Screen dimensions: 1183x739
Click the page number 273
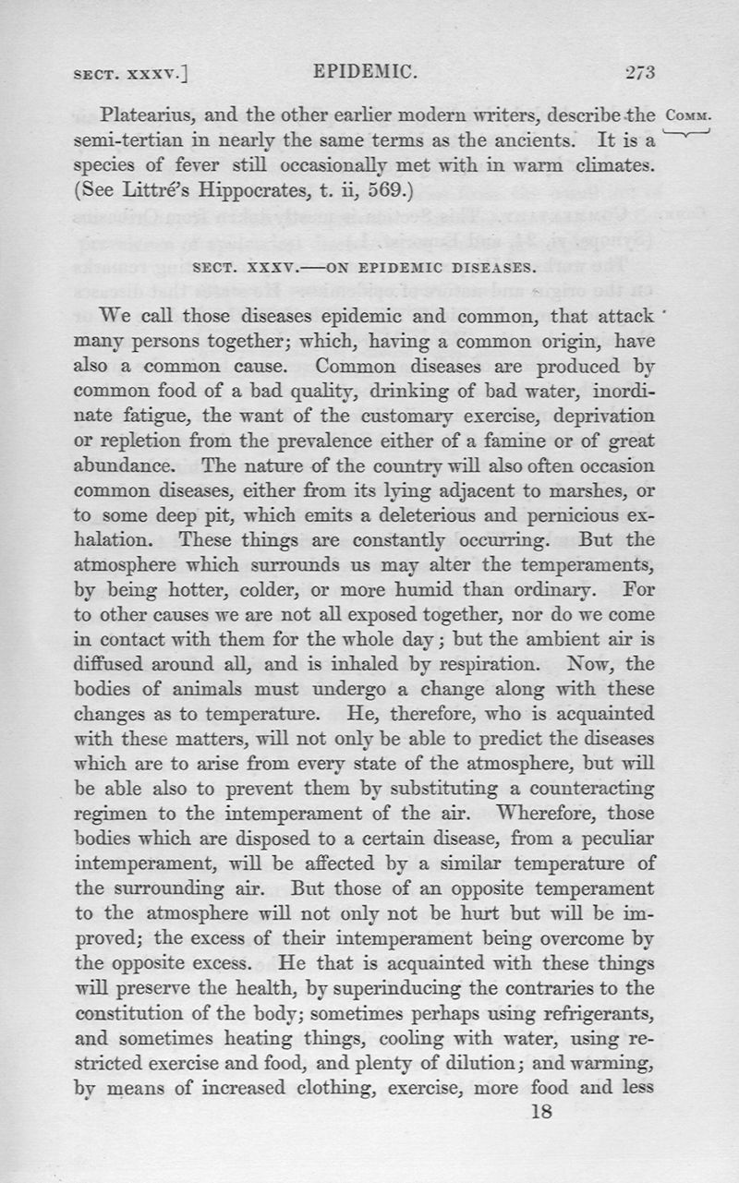(x=639, y=73)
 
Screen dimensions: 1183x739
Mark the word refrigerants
(x=598, y=1011)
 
